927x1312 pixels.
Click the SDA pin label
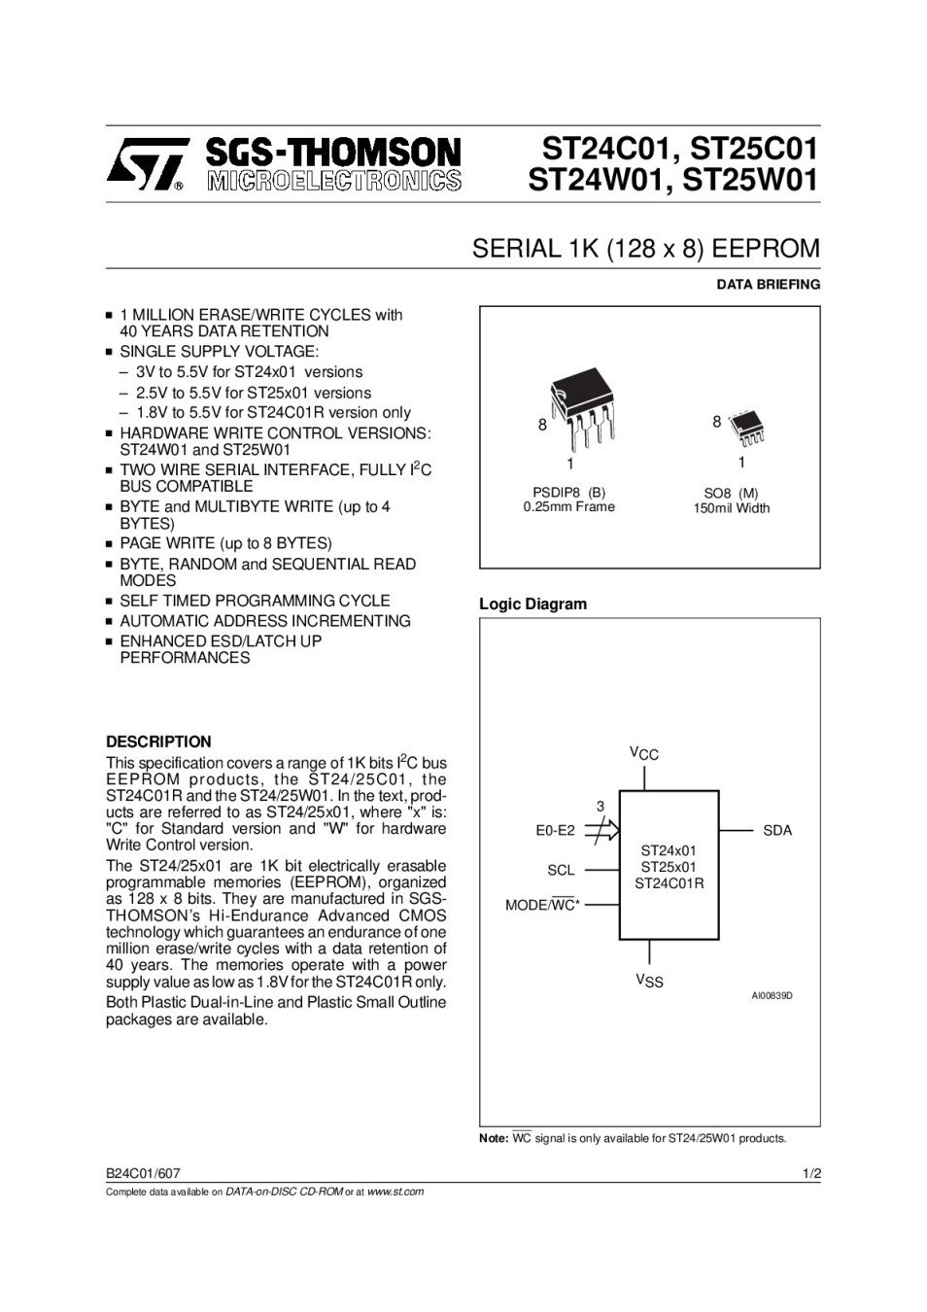tap(777, 830)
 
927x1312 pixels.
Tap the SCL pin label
tap(561, 870)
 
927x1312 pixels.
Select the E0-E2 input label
tap(555, 830)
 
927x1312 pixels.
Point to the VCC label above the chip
tap(644, 753)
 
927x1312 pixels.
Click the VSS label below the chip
tap(649, 981)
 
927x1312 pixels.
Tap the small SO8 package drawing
tap(749, 425)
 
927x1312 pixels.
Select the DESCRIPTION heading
tap(158, 742)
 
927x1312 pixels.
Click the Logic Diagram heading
tap(532, 604)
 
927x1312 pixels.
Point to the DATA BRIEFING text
tap(768, 285)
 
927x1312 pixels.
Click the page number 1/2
tap(812, 1173)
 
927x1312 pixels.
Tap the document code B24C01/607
tap(143, 1173)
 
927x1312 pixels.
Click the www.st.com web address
tap(395, 1191)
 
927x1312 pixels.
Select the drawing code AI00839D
tap(772, 996)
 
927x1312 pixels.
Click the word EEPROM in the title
tap(766, 249)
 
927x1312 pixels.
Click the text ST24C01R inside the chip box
tap(669, 883)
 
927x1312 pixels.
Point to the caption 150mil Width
tap(731, 508)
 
